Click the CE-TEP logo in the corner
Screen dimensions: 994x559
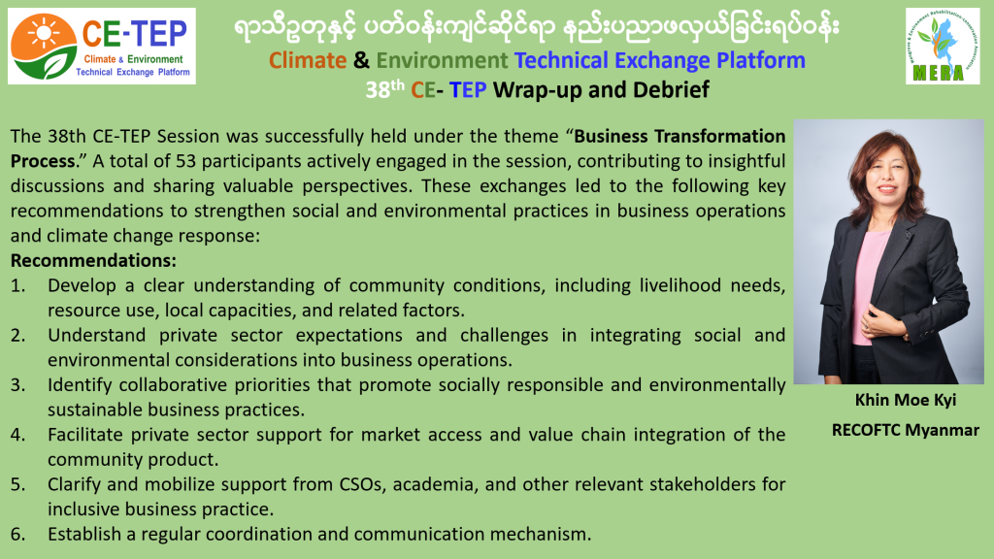[101, 47]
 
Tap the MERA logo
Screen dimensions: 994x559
[943, 47]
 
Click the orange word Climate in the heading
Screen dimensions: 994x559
[308, 60]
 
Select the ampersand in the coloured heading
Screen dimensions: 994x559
[361, 60]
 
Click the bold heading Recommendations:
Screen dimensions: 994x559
[93, 260]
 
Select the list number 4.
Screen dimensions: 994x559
[17, 435]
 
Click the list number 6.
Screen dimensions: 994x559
[17, 535]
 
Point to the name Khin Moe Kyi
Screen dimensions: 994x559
[906, 400]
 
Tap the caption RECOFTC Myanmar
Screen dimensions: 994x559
[906, 430]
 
